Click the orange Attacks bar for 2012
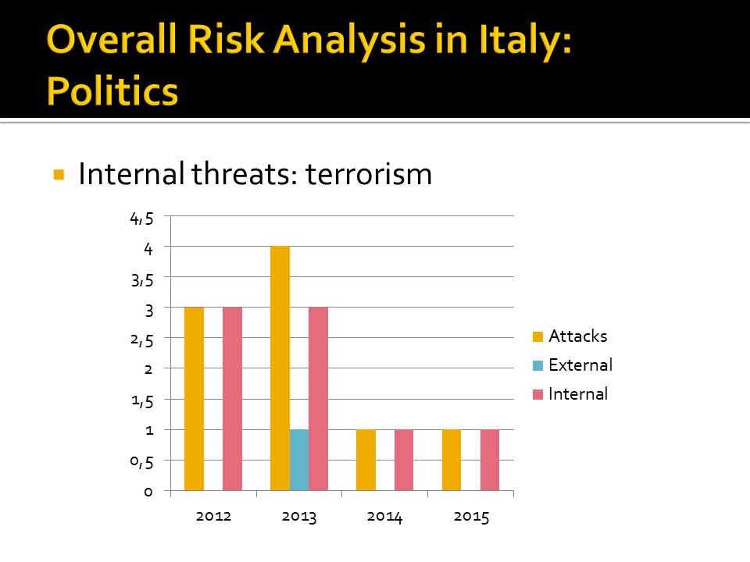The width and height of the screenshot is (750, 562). point(194,399)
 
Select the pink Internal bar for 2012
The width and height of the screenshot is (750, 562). point(232,399)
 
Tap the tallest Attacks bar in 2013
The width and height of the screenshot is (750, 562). point(280,368)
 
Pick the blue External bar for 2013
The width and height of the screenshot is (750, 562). point(298,460)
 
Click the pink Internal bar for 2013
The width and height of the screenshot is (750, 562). point(318,399)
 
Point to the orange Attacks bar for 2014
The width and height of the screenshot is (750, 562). point(366,460)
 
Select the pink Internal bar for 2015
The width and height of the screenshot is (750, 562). point(490,460)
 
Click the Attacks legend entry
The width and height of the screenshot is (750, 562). point(577,336)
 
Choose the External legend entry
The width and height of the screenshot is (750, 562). point(580,365)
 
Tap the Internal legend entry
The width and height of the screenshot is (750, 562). point(578,394)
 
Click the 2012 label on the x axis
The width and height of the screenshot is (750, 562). point(213,517)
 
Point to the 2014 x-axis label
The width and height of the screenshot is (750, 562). point(384,517)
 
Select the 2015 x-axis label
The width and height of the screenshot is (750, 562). point(470,517)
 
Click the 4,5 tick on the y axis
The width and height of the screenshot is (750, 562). point(141,218)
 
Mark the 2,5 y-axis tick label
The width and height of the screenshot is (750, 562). point(141,340)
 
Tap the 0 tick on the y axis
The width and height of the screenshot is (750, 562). point(148,492)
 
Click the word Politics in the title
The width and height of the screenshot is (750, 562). point(112,91)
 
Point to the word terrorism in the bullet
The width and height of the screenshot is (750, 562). point(369,174)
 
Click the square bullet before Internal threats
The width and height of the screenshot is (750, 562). point(58,174)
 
